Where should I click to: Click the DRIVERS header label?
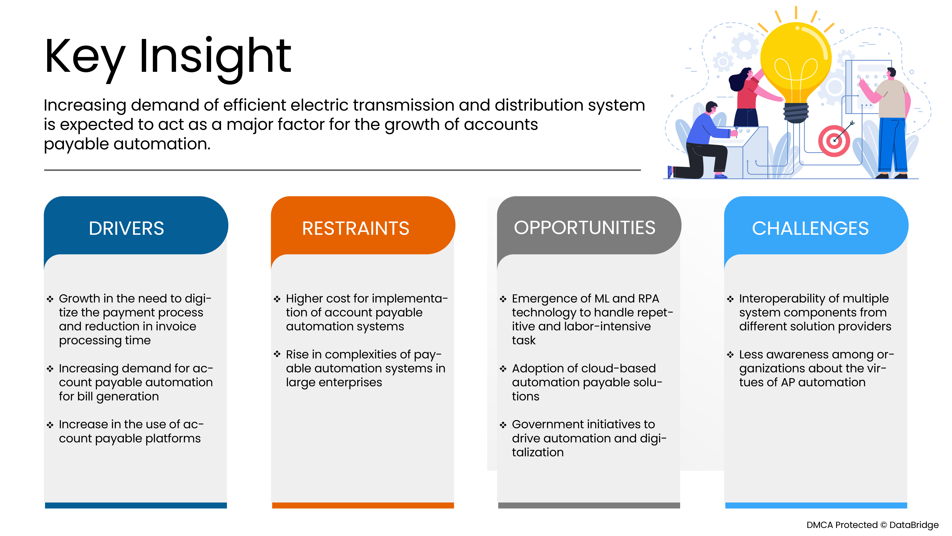[x=126, y=228]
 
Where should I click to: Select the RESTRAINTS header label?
[x=356, y=228]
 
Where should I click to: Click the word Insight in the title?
[x=215, y=59]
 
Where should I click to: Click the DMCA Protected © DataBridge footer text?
[x=872, y=525]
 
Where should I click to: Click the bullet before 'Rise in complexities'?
[x=277, y=354]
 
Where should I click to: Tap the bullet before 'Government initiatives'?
[x=503, y=425]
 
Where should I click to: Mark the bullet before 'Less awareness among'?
[x=730, y=355]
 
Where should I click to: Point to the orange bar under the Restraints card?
[x=363, y=505]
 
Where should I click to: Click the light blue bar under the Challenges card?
[x=816, y=505]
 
